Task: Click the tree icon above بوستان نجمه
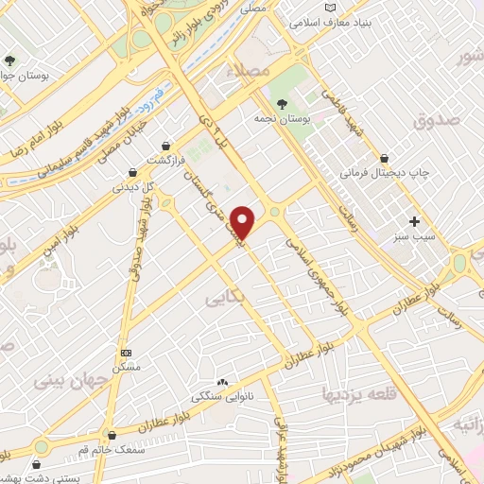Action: pos(282,103)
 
